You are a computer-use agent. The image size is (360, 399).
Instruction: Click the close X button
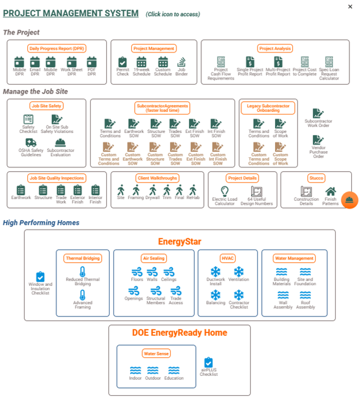[350, 7]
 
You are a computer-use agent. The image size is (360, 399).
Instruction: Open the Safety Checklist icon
[28, 119]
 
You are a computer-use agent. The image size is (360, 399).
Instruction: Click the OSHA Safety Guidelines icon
[30, 143]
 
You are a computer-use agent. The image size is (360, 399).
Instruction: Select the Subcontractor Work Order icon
[318, 113]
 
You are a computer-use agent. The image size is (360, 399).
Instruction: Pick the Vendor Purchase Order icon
[318, 140]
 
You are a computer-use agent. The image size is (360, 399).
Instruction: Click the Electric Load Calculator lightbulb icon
[224, 191]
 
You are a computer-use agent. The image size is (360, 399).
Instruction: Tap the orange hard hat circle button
[349, 200]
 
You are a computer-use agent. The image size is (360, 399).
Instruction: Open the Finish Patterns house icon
[331, 192]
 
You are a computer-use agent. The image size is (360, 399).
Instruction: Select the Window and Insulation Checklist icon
[40, 277]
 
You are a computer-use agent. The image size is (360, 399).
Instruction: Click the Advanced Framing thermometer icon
[83, 295]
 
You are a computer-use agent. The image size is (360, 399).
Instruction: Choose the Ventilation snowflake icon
[238, 272]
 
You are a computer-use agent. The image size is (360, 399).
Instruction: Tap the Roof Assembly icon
[306, 296]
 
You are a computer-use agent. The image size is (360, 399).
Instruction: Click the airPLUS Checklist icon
[208, 363]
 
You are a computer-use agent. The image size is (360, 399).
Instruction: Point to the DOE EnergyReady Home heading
[179, 333]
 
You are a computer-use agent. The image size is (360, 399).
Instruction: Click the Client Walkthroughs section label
[157, 178]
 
